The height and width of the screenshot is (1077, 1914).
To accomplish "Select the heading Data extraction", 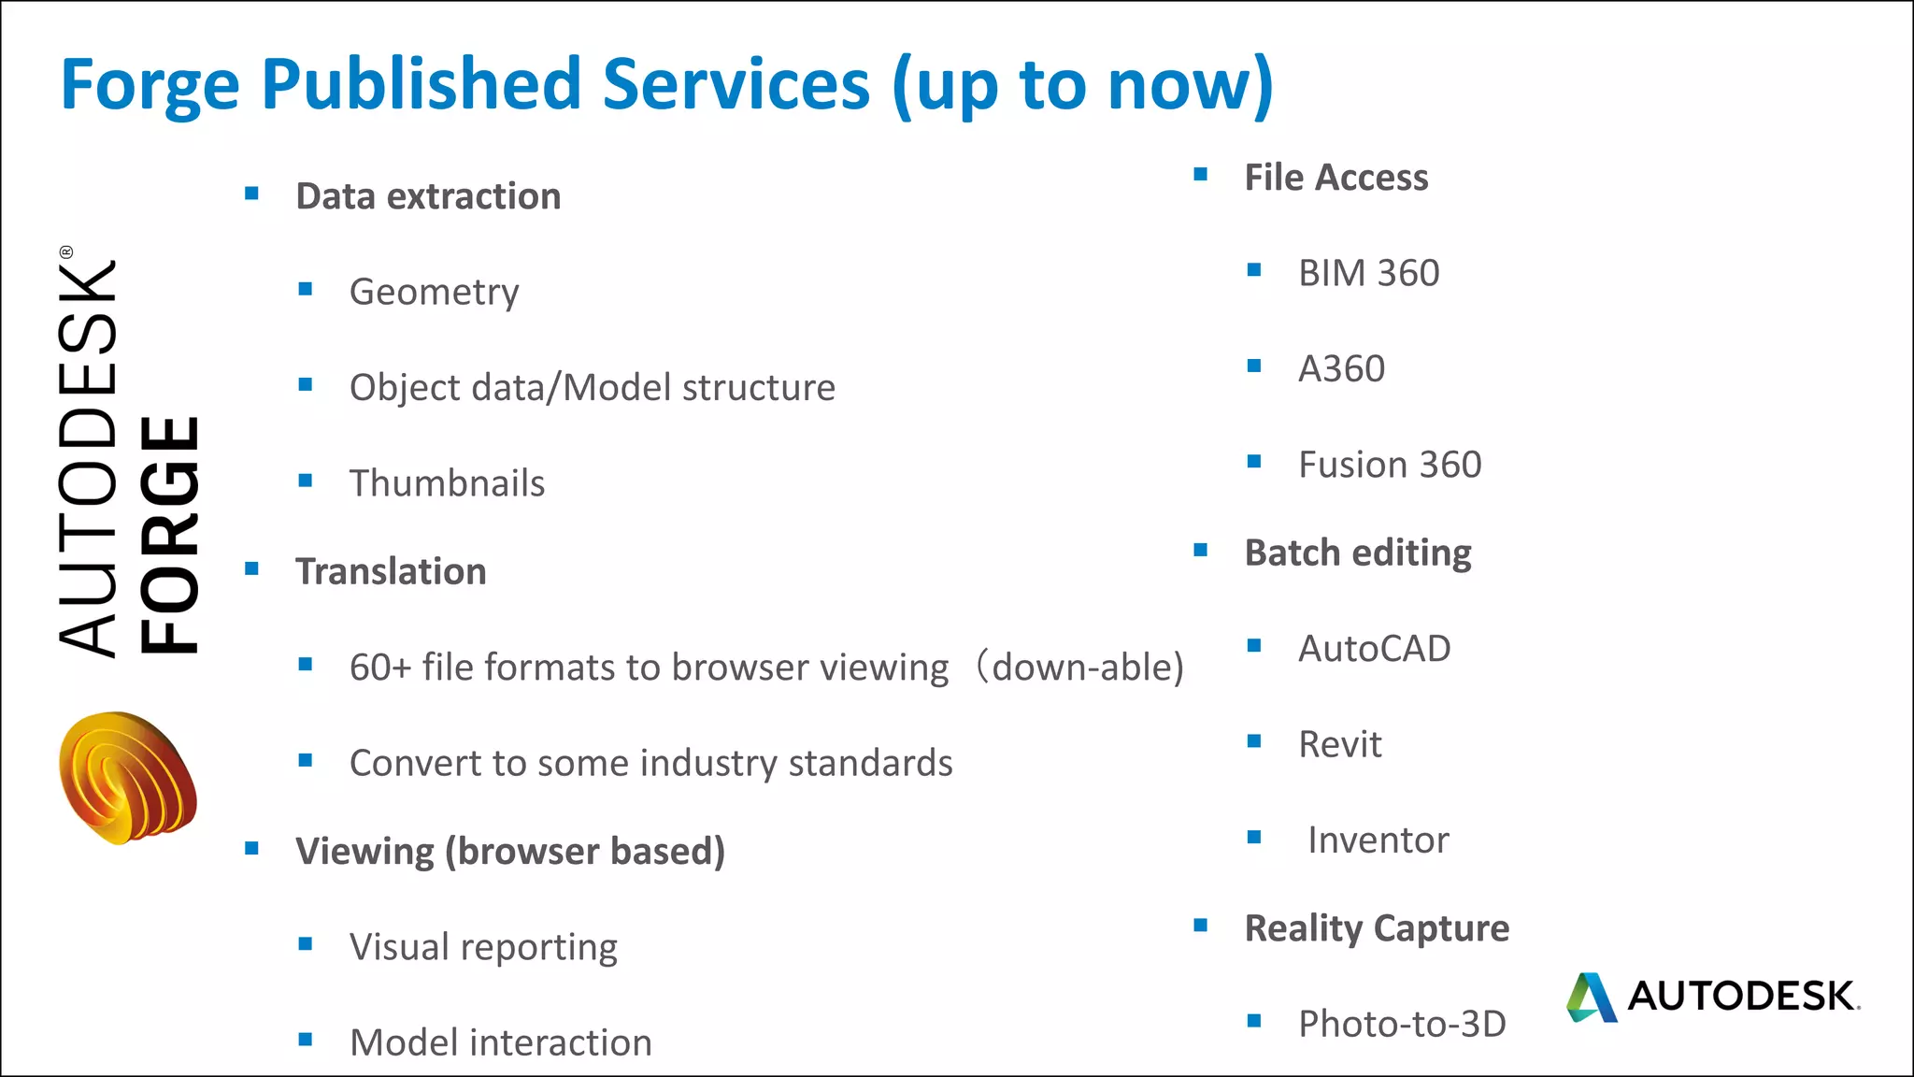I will click(x=428, y=196).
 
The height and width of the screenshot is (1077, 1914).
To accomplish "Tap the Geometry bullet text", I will click(x=434, y=292).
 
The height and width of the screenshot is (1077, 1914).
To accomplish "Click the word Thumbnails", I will click(x=447, y=483).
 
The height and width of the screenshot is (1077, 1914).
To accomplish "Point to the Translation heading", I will click(x=391, y=571).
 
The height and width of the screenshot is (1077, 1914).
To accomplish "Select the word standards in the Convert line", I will click(x=870, y=763).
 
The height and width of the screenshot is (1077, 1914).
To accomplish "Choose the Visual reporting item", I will click(x=483, y=947).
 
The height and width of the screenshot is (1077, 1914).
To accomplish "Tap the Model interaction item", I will click(x=500, y=1042).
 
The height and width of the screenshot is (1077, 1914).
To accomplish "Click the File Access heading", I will click(x=1336, y=178).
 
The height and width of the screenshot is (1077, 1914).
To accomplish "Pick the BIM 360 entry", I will click(x=1368, y=273).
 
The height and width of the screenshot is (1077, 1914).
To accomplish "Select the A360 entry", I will click(x=1341, y=369).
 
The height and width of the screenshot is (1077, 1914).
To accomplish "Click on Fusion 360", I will click(x=1390, y=465).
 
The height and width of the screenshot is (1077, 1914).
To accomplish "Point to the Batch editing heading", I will click(x=1357, y=553).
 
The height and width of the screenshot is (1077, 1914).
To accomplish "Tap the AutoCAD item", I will click(x=1374, y=649).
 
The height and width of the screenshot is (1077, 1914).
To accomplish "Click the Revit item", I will click(x=1339, y=744).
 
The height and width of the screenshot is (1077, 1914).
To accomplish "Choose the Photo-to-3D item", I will click(x=1402, y=1024).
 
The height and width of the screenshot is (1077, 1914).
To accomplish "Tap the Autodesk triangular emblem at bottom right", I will click(x=1591, y=998).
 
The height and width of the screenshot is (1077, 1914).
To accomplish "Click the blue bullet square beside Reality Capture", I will click(x=1201, y=926).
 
